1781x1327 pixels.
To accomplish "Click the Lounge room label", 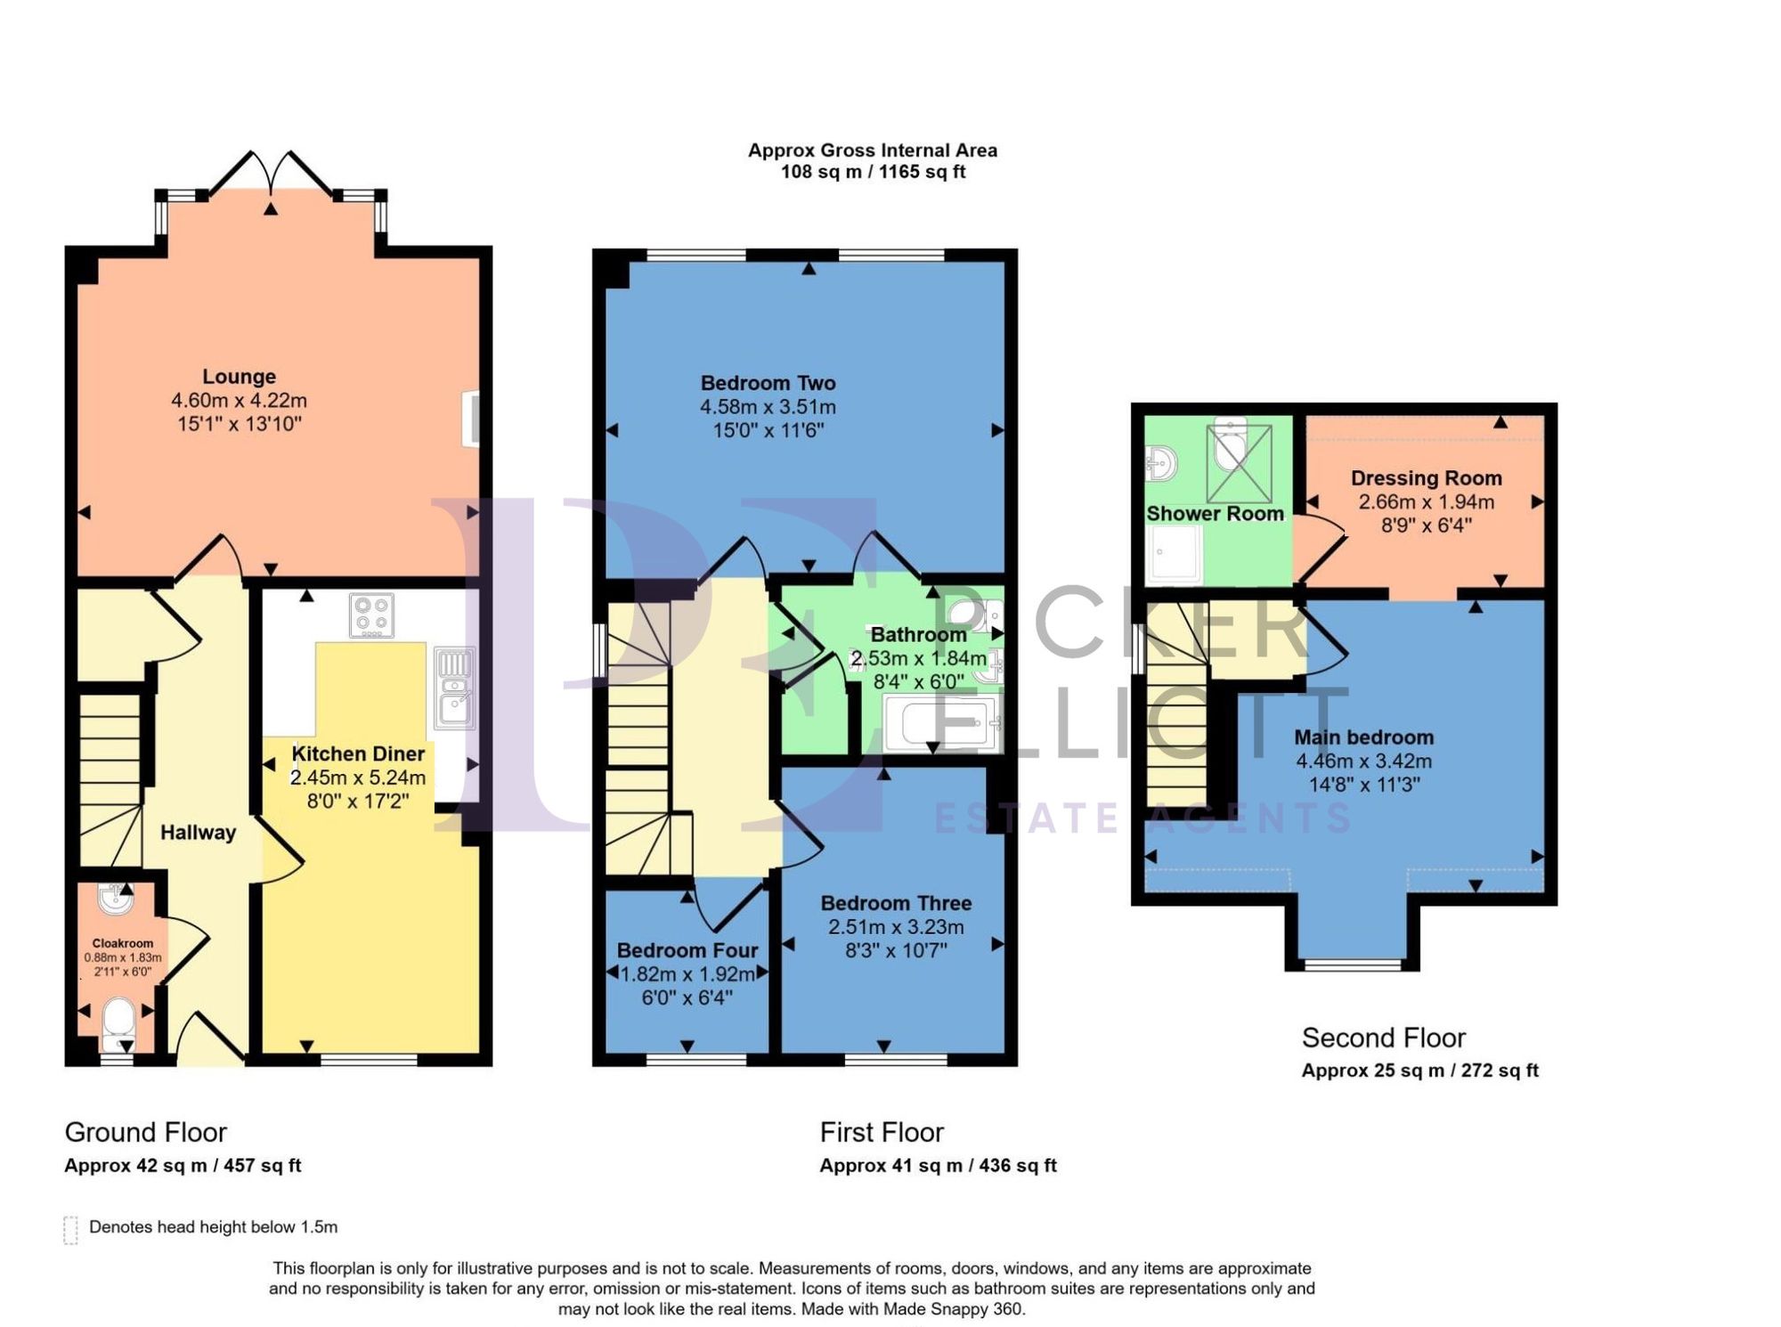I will click(x=239, y=377).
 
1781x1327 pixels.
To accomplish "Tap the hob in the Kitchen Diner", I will click(x=371, y=615).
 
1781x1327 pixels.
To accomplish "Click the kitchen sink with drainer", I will click(x=454, y=688).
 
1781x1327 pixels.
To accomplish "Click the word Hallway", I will click(x=198, y=833).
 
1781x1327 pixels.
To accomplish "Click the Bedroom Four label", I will click(x=687, y=950).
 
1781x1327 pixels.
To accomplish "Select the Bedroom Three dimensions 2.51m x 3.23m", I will click(x=896, y=927).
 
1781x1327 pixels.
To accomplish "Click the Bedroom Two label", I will click(x=768, y=384).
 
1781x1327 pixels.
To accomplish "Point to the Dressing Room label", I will click(x=1426, y=478).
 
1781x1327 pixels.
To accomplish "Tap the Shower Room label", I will click(x=1215, y=514).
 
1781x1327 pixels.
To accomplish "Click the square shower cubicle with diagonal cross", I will click(x=1240, y=464).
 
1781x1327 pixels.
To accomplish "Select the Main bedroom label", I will click(x=1363, y=737).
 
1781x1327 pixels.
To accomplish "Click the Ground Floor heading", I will click(x=146, y=1132).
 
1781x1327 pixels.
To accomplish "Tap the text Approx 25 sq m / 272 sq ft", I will click(x=1419, y=1071).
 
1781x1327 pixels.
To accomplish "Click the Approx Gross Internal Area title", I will click(x=872, y=151).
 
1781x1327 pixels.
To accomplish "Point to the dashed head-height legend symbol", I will click(x=71, y=1229).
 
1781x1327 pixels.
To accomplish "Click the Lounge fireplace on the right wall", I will click(x=471, y=419).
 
